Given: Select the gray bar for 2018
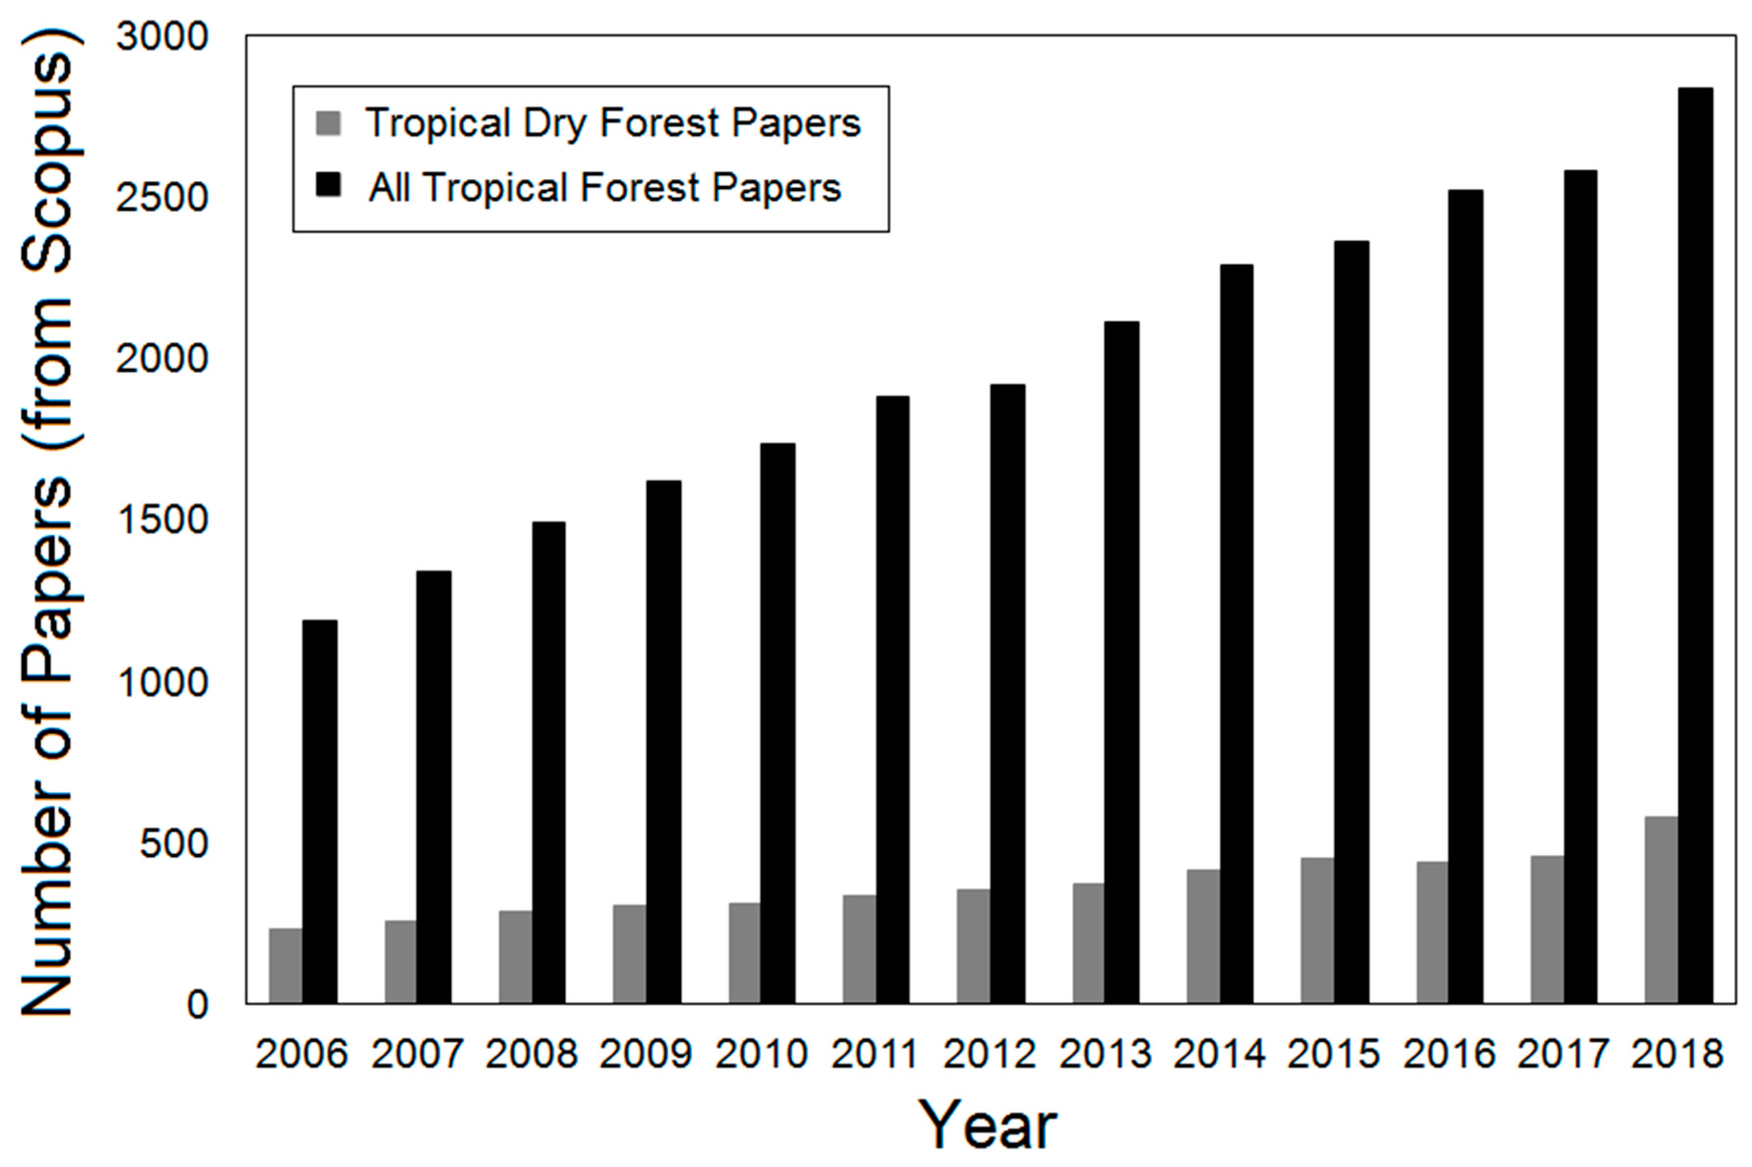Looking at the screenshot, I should click(x=1660, y=910).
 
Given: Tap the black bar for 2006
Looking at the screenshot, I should click(x=319, y=811).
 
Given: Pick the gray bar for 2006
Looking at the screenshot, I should click(x=286, y=965).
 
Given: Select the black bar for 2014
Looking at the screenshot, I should click(x=1235, y=633).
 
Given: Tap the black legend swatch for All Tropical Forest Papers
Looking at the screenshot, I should click(x=328, y=185).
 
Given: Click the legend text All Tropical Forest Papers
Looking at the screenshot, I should click(x=604, y=187).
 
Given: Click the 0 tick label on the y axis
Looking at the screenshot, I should click(x=196, y=1005).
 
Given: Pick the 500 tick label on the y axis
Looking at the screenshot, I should click(x=173, y=844).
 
